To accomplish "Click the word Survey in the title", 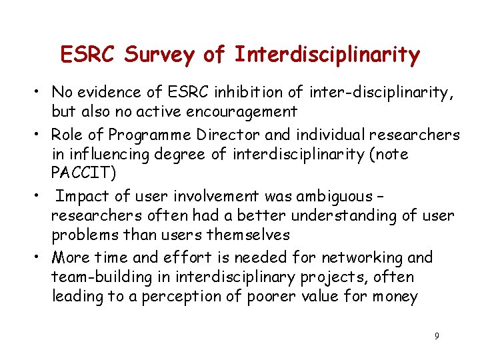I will pyautogui.click(x=163, y=55).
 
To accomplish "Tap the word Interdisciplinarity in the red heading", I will pyautogui.click(x=327, y=55).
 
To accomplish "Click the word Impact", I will pyautogui.click(x=81, y=196).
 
